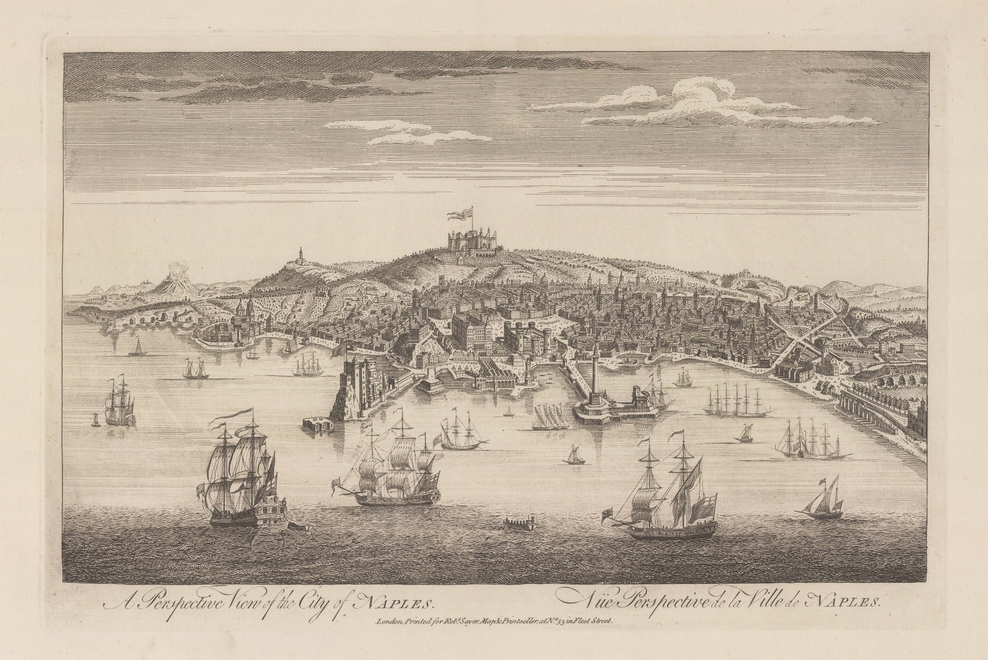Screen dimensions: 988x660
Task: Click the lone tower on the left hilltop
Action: pyautogui.click(x=300, y=256)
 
